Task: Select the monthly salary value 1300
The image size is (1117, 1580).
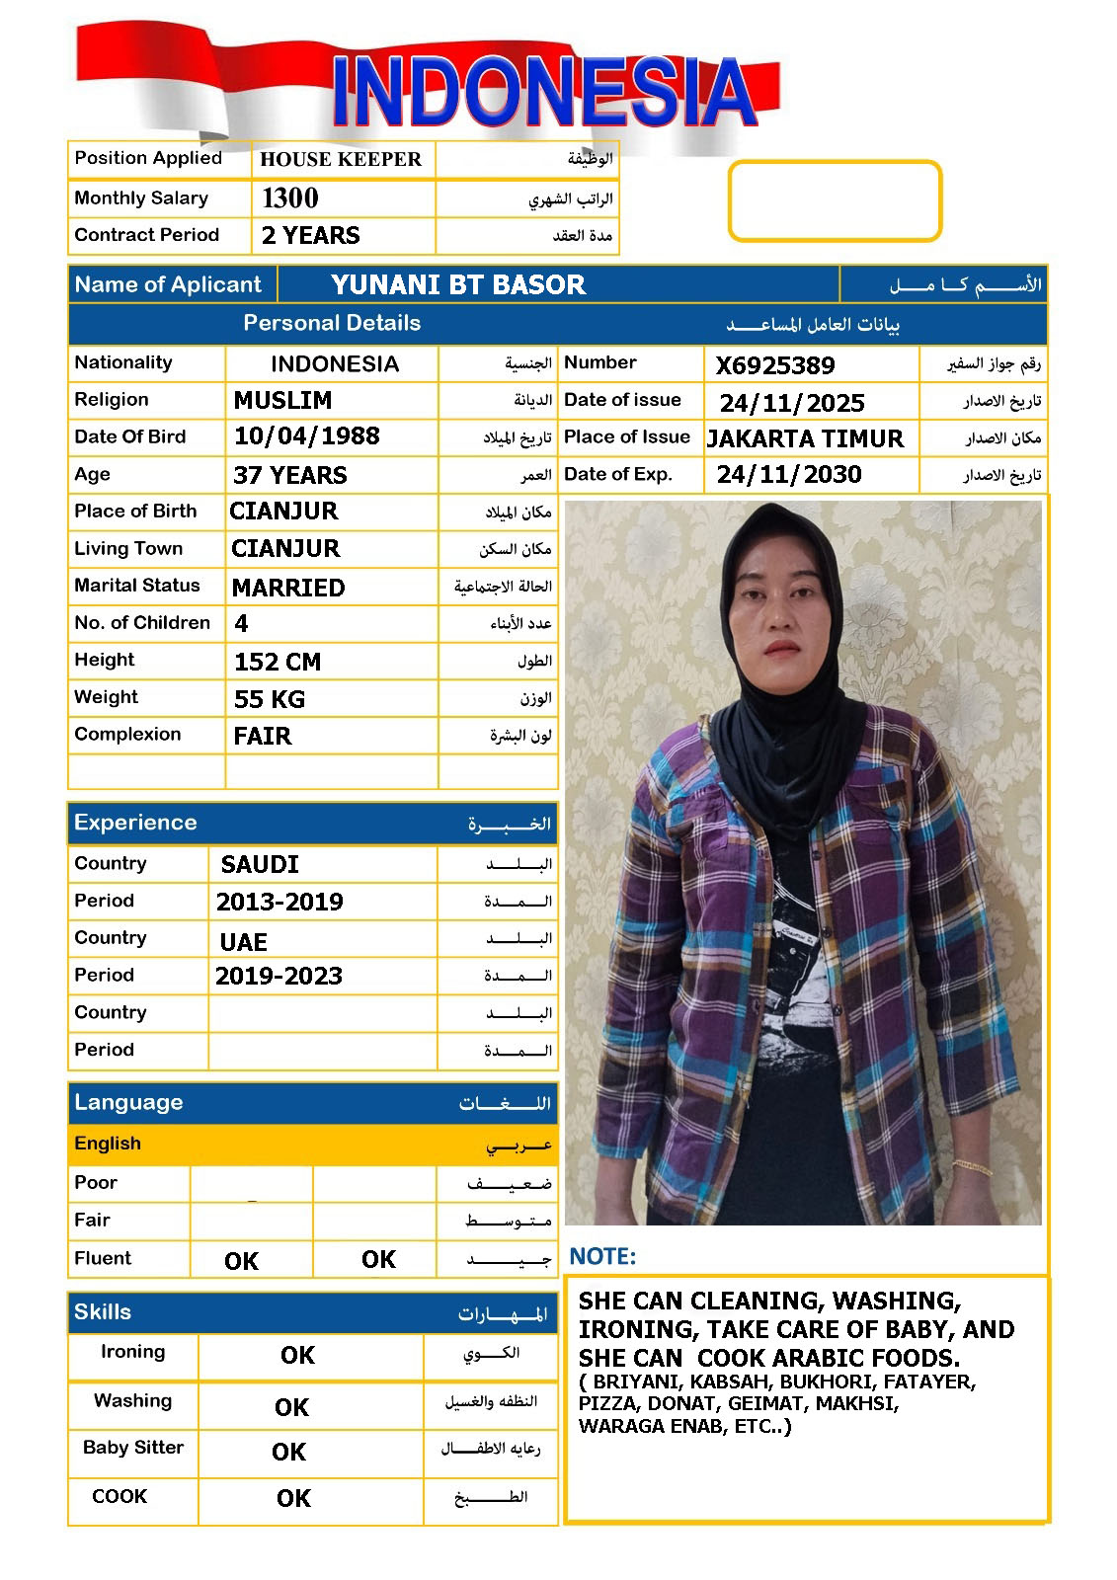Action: [290, 198]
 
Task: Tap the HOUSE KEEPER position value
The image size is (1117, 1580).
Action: [341, 159]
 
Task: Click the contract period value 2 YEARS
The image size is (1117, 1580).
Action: [310, 236]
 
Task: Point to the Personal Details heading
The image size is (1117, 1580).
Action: [332, 323]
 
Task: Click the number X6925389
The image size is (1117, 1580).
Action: [775, 366]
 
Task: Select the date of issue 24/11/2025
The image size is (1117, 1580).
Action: [792, 403]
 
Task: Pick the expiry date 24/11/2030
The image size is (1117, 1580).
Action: [789, 475]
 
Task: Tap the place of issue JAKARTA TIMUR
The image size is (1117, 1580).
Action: [805, 439]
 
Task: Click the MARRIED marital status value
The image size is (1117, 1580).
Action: [288, 588]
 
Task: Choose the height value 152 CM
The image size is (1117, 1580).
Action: [278, 662]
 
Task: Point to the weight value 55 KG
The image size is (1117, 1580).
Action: [270, 699]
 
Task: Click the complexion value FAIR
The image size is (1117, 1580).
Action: [263, 737]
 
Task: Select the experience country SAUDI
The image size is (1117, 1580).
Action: [260, 865]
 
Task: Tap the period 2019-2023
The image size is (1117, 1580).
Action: [279, 977]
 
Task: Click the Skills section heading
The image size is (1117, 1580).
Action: [103, 1312]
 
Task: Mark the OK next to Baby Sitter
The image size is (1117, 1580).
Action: [288, 1452]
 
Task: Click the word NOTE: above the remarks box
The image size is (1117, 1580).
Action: [603, 1257]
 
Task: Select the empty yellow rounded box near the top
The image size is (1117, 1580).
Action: [835, 201]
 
